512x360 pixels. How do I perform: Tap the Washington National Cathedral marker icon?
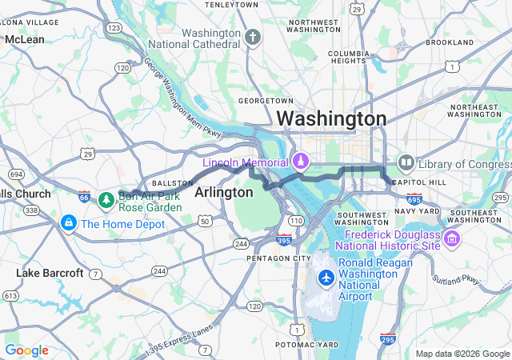253,38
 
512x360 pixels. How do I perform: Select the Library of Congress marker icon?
406,164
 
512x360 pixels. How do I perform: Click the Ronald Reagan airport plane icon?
326,278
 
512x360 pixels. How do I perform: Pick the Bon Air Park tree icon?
106,199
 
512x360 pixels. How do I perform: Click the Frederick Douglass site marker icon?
452,238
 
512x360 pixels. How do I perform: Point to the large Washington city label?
331,119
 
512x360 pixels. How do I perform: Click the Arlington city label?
223,193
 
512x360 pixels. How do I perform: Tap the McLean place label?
25,39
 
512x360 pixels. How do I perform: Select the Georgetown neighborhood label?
266,101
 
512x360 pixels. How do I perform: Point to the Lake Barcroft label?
50,274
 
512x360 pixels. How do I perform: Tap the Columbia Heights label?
347,58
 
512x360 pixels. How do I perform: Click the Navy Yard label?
417,211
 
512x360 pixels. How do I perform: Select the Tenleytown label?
231,5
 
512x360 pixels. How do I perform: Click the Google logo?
26,350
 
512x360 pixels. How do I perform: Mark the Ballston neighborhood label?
172,183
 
